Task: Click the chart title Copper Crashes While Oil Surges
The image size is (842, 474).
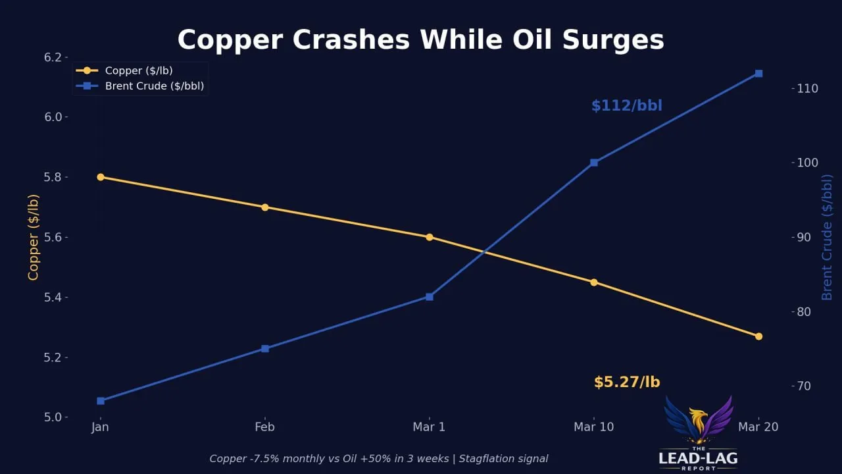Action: point(420,39)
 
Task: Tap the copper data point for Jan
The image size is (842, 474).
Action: point(101,177)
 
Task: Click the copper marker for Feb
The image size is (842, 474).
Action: point(265,207)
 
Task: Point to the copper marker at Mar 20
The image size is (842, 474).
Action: point(758,336)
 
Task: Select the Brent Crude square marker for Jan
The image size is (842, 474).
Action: point(101,401)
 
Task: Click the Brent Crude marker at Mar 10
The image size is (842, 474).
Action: point(594,163)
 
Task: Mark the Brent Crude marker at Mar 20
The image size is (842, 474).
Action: point(758,74)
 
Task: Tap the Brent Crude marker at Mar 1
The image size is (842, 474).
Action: point(430,297)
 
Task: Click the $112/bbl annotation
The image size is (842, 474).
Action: point(626,106)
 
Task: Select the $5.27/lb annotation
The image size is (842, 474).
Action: point(626,382)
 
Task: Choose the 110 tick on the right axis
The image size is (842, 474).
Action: point(803,88)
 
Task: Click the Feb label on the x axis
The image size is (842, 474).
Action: point(265,427)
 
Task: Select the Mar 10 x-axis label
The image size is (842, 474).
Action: point(594,427)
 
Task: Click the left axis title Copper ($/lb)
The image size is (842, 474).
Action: point(33,237)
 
